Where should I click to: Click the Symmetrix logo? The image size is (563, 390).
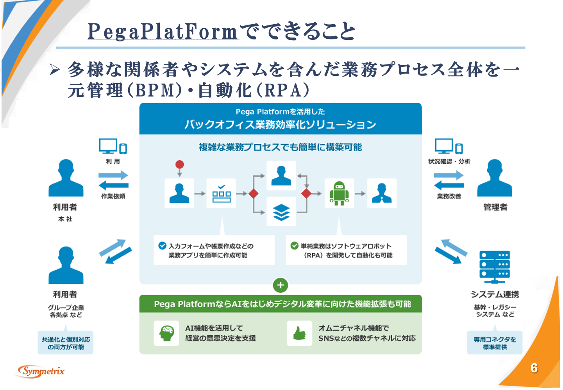pyautogui.click(x=41, y=371)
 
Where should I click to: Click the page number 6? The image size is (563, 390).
pyautogui.click(x=534, y=368)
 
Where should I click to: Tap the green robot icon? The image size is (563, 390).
pyautogui.click(x=339, y=193)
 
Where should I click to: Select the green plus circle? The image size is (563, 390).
pyautogui.click(x=280, y=285)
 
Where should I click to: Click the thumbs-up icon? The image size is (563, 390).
pyautogui.click(x=299, y=333)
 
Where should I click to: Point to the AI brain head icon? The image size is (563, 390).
pyautogui.click(x=166, y=333)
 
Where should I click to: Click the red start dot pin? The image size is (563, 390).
pyautogui.click(x=179, y=165)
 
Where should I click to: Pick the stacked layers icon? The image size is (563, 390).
pyautogui.click(x=281, y=212)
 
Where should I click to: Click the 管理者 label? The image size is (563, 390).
pyautogui.click(x=495, y=207)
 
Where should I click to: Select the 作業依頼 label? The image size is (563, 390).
pyautogui.click(x=113, y=196)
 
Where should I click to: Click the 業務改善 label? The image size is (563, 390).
pyautogui.click(x=449, y=196)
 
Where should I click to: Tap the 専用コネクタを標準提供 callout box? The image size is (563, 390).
pyautogui.click(x=495, y=343)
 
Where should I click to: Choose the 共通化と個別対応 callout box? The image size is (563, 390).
pyautogui.click(x=66, y=343)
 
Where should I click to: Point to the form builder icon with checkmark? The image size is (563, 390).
pyautogui.click(x=221, y=193)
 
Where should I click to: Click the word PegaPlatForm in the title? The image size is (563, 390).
pyautogui.click(x=163, y=31)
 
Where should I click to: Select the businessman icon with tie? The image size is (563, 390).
pyautogui.click(x=382, y=193)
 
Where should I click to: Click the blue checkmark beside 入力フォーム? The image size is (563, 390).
pyautogui.click(x=162, y=246)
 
